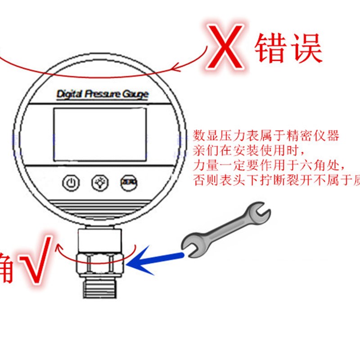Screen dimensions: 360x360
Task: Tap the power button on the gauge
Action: click(71, 183)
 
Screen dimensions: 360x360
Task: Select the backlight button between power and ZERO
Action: click(99, 183)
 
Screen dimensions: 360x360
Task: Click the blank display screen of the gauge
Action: click(100, 134)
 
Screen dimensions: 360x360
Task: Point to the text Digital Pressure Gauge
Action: click(102, 94)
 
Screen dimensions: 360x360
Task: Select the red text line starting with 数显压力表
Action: click(265, 135)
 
